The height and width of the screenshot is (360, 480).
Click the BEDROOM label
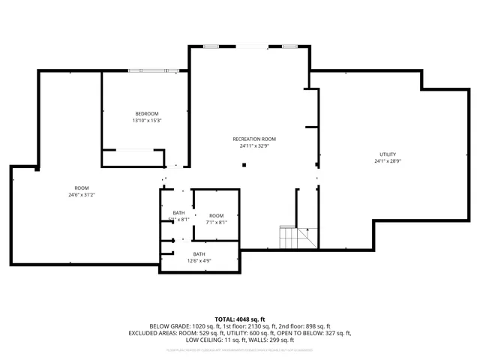pos(146,113)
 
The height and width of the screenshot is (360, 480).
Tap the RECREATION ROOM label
pos(254,139)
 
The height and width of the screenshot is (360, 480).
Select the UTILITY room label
pos(388,154)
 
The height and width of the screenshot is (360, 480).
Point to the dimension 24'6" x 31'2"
pos(81,194)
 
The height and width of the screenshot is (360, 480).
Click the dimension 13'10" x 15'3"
pos(146,121)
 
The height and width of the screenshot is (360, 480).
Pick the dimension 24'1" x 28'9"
pos(388,161)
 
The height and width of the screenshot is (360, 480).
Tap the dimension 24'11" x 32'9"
pos(254,146)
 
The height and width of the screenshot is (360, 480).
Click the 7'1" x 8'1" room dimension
pos(216,223)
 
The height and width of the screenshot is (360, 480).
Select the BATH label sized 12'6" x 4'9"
pos(199,254)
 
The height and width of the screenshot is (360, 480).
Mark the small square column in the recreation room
pos(244,165)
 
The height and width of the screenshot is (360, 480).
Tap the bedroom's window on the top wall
pos(153,70)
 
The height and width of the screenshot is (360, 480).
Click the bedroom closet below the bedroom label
pos(133,158)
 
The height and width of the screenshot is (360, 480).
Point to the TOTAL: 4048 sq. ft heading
pos(240,319)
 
